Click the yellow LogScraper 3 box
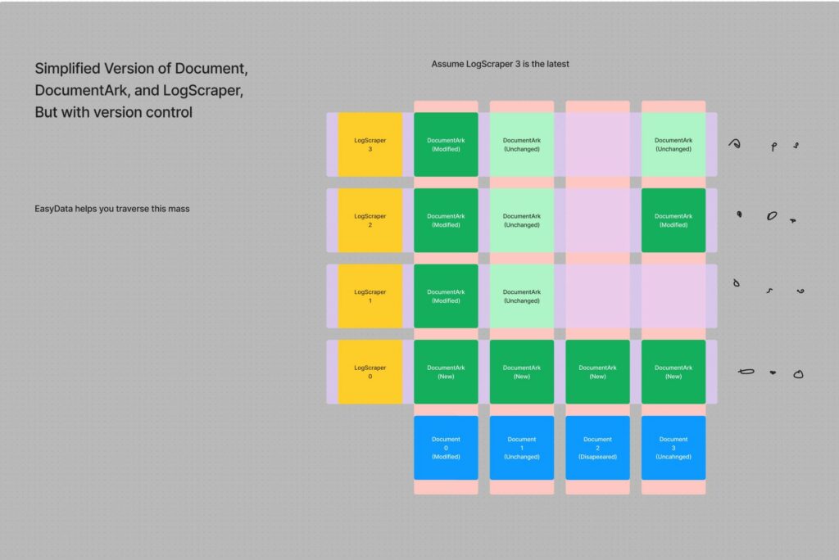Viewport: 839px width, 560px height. click(370, 144)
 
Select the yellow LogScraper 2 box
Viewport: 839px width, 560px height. click(370, 220)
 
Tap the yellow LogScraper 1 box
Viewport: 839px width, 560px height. click(370, 296)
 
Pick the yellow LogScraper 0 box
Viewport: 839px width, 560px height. click(370, 372)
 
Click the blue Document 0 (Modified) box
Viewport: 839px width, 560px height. click(446, 448)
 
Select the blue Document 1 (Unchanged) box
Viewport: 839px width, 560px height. click(522, 448)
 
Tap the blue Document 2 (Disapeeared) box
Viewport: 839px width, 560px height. click(597, 448)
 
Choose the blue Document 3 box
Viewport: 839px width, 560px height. click(673, 448)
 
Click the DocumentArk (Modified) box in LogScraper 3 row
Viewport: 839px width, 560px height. click(446, 144)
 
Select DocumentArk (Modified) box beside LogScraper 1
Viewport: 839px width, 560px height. click(446, 296)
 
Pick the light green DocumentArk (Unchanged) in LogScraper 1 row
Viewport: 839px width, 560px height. click(522, 296)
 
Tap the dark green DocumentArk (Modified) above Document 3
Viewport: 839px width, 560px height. click(673, 220)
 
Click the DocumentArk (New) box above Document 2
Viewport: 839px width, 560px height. click(597, 372)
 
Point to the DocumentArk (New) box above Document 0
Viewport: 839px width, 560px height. click(446, 372)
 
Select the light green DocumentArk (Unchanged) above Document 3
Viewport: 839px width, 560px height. click(673, 144)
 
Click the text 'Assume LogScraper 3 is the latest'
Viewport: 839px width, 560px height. click(500, 64)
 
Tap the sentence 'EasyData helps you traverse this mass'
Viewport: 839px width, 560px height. click(112, 209)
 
